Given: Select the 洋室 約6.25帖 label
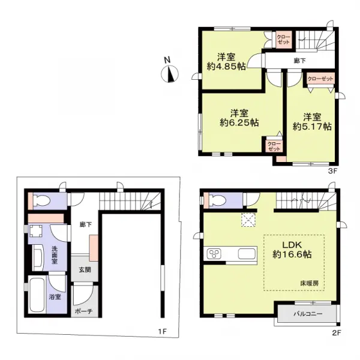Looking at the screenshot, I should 238,117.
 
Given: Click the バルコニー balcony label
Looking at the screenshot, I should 307,313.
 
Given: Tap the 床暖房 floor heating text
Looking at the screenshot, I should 310,282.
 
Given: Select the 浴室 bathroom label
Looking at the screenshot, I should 55,296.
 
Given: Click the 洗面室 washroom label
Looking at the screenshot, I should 53,257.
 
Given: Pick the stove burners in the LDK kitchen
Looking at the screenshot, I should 215,254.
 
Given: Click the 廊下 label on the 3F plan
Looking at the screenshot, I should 298,61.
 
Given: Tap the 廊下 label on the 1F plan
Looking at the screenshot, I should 85,225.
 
